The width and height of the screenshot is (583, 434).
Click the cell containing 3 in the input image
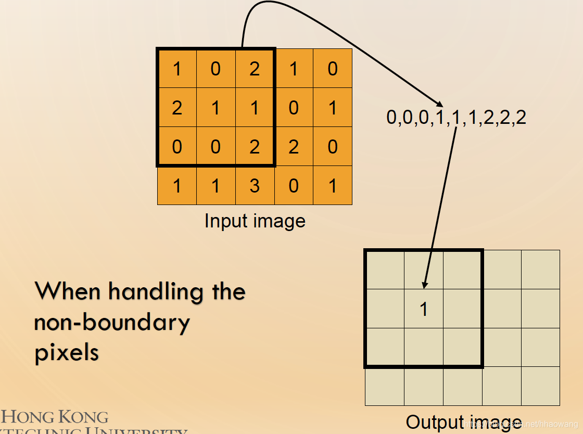[255, 186]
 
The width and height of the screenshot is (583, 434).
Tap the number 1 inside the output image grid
[424, 309]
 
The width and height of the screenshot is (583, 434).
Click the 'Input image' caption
[255, 221]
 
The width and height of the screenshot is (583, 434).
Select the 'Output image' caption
[463, 422]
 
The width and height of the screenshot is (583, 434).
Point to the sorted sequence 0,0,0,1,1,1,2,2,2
[456, 118]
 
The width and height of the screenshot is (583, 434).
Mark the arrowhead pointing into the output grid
[425, 284]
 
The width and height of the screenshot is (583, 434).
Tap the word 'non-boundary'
[112, 323]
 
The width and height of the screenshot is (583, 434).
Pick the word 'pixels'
[67, 353]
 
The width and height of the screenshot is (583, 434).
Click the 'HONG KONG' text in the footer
[55, 417]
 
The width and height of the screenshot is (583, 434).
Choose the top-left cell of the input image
[177, 69]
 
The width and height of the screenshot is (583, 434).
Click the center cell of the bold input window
[216, 108]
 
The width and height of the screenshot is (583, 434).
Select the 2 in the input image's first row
[255, 69]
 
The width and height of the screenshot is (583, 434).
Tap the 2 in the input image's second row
[177, 108]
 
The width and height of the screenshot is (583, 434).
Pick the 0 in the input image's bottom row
[294, 186]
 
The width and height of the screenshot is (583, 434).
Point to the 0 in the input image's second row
[294, 108]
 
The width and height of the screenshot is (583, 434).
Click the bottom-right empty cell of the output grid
[540, 386]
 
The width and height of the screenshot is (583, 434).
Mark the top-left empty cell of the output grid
[385, 270]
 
